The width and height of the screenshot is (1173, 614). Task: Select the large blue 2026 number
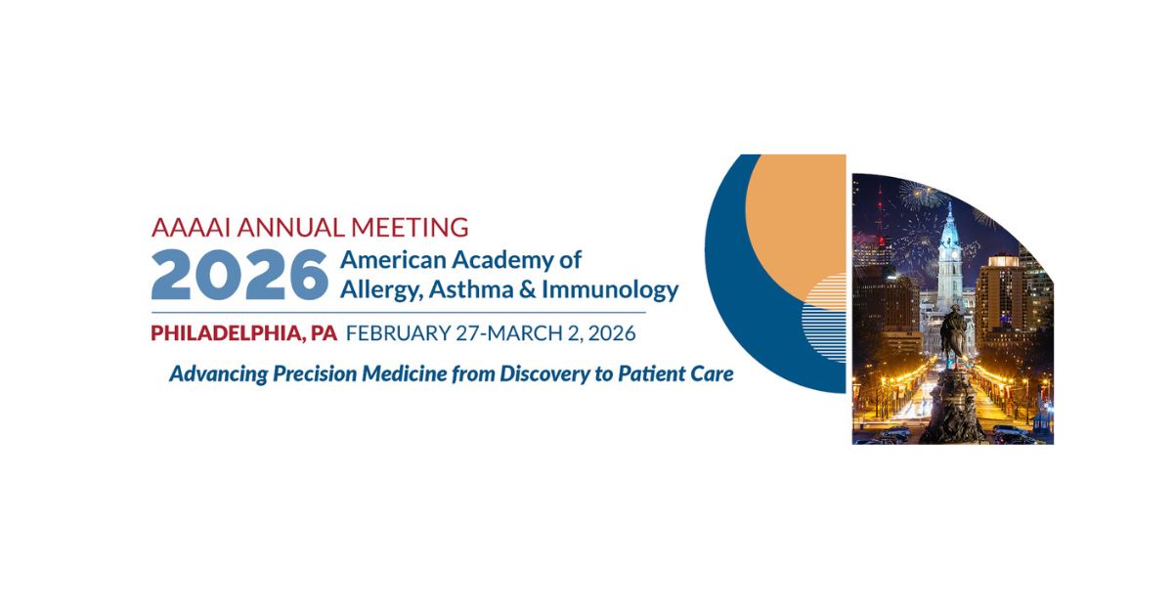(x=239, y=275)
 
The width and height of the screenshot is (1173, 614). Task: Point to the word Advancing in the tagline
(x=221, y=373)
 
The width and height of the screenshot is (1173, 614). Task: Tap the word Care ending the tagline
(x=711, y=373)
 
